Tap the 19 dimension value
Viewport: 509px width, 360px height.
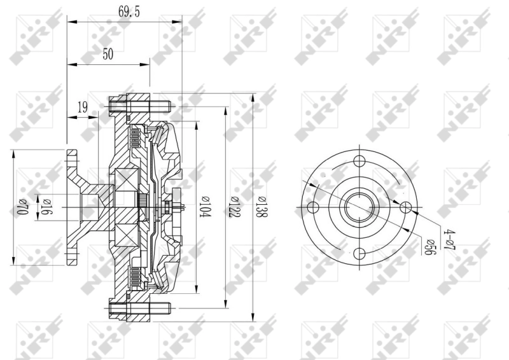pos(83,107)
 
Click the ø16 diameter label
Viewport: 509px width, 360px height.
pos(46,207)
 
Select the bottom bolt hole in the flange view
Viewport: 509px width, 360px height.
pos(359,254)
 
